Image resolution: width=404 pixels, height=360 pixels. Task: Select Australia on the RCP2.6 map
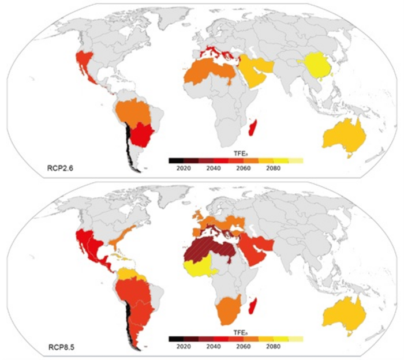[x=345, y=137]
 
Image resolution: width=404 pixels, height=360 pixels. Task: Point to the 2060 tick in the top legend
[x=244, y=168]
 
